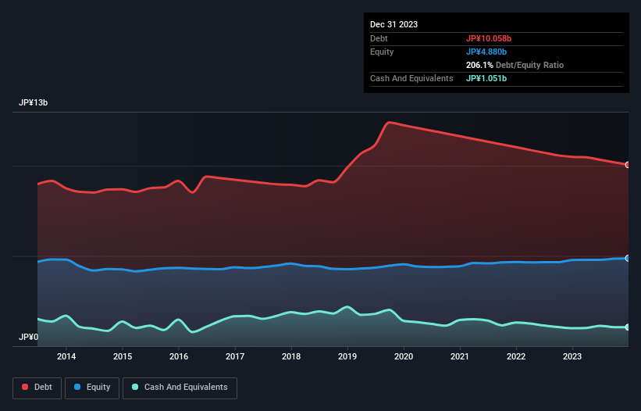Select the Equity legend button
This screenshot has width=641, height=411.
(92, 388)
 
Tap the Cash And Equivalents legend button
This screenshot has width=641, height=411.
(180, 388)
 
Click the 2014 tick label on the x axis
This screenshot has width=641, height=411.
(66, 357)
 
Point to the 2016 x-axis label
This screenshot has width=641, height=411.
(179, 357)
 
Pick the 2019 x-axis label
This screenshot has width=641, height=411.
(347, 357)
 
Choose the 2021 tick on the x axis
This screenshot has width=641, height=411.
(460, 357)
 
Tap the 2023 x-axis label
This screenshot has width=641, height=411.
(572, 357)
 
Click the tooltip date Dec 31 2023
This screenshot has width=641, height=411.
(394, 24)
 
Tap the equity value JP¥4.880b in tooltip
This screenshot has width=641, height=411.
(486, 52)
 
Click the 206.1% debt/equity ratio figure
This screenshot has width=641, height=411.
(479, 65)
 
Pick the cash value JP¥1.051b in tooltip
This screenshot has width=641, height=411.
(486, 78)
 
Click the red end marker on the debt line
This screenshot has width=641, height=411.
(627, 165)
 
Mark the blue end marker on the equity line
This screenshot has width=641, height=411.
(627, 258)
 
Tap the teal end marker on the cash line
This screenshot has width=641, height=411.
(627, 327)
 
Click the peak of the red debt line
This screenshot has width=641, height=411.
(389, 122)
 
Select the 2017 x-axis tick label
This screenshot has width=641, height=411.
(235, 357)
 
